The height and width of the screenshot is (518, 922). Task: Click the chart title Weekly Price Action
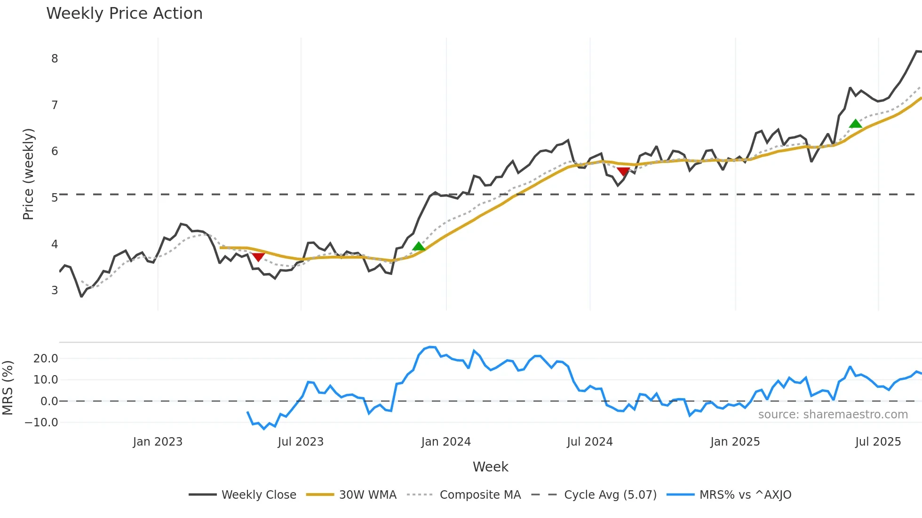tap(124, 14)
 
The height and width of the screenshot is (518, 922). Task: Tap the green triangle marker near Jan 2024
tap(419, 246)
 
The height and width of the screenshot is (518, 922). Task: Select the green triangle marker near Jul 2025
tap(856, 124)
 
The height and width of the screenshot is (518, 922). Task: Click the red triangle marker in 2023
tap(258, 257)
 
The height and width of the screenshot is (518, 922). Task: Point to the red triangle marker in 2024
tap(623, 172)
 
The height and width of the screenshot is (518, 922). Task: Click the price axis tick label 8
tap(55, 59)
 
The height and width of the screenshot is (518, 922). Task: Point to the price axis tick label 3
tap(55, 290)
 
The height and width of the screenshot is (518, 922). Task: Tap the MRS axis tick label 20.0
tap(46, 359)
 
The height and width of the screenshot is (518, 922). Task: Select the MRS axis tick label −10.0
tap(42, 423)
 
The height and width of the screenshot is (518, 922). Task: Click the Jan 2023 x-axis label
tap(158, 442)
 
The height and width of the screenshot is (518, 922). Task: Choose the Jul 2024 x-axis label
tap(590, 442)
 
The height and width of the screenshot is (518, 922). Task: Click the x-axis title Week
tap(490, 467)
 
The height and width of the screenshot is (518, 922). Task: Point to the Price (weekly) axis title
tap(28, 174)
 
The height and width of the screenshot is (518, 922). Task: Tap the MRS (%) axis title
tap(8, 388)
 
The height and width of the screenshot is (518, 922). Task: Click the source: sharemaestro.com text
tap(833, 415)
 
